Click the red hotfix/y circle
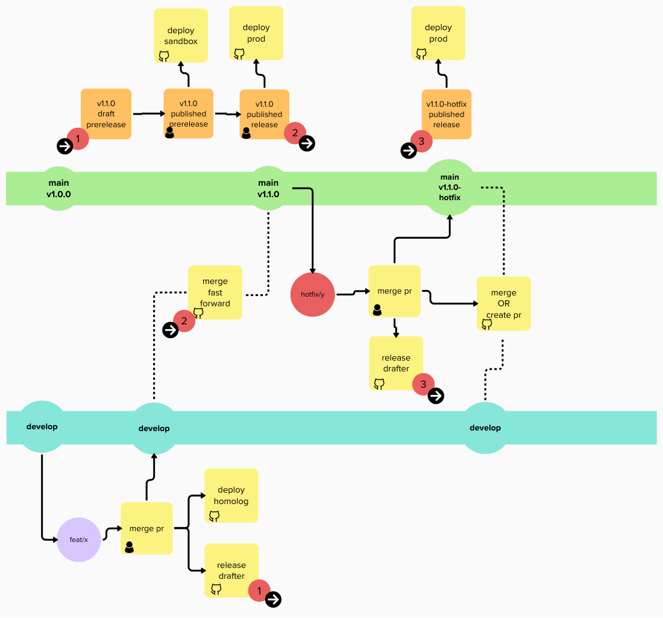[x=312, y=294]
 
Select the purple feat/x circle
[x=78, y=540]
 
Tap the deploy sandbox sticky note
[x=181, y=35]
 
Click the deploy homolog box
[x=231, y=496]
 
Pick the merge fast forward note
[x=215, y=292]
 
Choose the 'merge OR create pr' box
[x=503, y=303]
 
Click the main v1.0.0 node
[x=58, y=189]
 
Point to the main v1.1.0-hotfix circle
[x=450, y=188]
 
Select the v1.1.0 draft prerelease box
[x=106, y=114]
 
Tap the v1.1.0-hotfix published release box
[x=446, y=115]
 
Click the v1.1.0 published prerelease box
[x=188, y=113]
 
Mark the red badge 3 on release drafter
[x=423, y=384]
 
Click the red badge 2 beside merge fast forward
[x=184, y=321]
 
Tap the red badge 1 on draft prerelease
[x=78, y=139]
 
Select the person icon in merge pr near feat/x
[x=129, y=547]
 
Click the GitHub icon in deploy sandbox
[x=163, y=56]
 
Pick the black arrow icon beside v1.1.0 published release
[x=307, y=143]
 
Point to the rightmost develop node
[x=485, y=428]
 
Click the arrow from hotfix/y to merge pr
[x=352, y=293]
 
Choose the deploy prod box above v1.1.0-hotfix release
[x=438, y=33]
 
